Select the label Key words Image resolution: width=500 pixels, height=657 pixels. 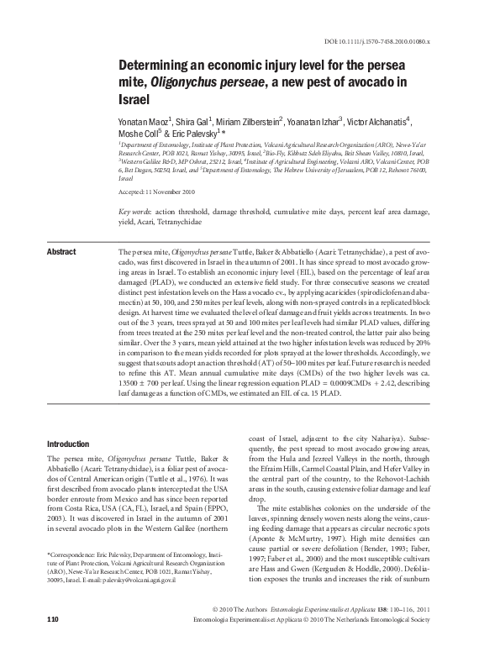[134, 212]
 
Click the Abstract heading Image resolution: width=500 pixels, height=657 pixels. [61, 251]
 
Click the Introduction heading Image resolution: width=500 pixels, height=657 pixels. [68, 444]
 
